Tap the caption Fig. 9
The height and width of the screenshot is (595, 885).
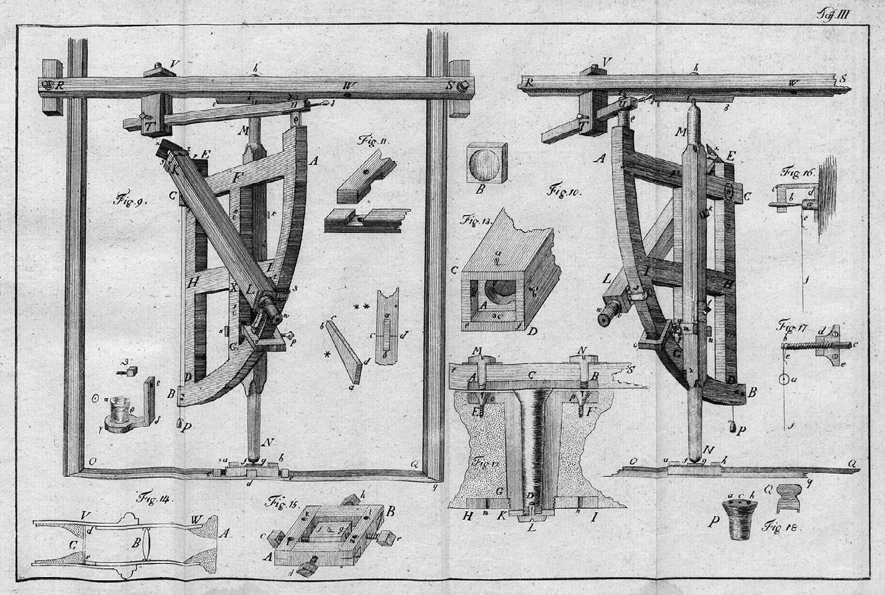pos(125,198)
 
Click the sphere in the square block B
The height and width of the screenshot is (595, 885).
pos(486,162)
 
